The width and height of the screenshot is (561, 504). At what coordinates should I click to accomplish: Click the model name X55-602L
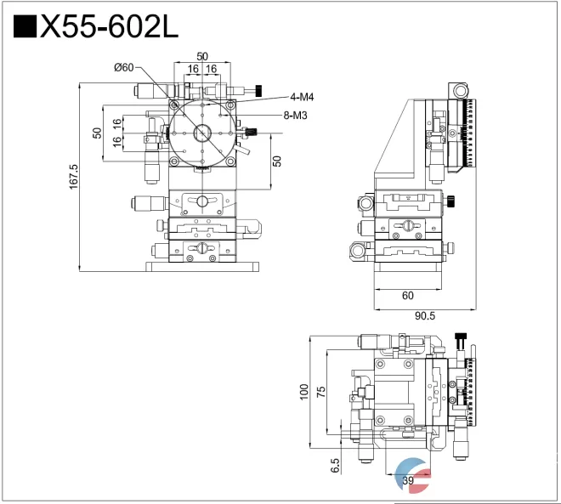[110, 27]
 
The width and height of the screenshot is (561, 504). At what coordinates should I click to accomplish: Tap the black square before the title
[25, 27]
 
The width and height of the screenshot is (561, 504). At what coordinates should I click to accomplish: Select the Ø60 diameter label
[123, 68]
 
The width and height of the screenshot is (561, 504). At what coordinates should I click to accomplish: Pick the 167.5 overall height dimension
[73, 177]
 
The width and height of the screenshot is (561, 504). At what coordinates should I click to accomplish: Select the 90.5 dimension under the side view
[424, 316]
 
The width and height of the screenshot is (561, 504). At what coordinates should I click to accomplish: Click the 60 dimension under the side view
[407, 296]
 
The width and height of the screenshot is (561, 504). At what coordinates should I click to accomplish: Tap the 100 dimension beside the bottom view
[303, 391]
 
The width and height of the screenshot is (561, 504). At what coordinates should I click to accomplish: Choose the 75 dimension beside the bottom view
[320, 391]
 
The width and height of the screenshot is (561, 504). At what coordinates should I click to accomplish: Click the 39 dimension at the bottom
[408, 482]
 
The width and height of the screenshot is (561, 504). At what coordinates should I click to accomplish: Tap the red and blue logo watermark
[414, 476]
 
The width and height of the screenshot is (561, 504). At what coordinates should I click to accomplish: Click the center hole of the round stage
[202, 133]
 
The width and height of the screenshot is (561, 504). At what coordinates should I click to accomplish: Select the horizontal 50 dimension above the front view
[202, 56]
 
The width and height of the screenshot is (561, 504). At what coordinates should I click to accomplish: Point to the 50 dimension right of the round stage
[276, 161]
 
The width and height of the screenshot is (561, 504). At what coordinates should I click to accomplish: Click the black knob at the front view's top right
[256, 91]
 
